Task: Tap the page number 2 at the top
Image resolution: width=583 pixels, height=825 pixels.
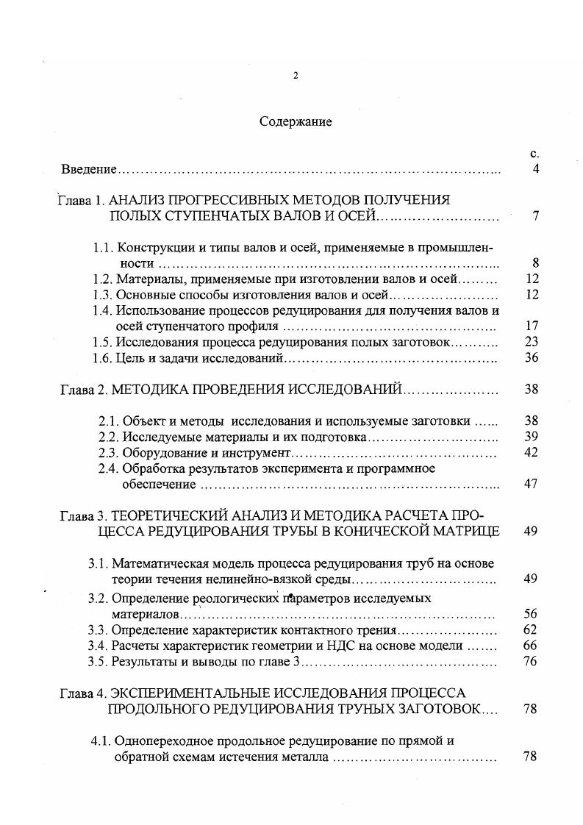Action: [295, 76]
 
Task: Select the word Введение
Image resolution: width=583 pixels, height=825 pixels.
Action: [89, 170]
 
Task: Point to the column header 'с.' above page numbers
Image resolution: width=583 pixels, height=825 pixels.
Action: [534, 154]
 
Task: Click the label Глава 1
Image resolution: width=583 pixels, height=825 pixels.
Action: [82, 199]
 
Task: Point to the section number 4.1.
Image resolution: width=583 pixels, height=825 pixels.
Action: [101, 740]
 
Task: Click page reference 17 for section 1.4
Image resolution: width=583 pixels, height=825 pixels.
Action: [532, 326]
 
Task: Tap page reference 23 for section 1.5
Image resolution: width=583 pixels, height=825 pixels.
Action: [532, 342]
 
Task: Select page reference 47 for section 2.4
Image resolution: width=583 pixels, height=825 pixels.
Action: [532, 484]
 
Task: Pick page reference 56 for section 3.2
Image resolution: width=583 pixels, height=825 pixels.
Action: [531, 613]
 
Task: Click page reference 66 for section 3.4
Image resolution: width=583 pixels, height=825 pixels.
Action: [531, 646]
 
